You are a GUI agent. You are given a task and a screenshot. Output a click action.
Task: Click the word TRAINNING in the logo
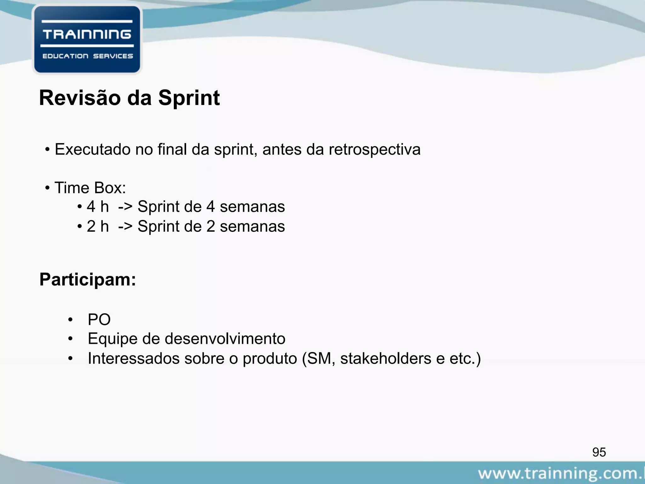click(87, 34)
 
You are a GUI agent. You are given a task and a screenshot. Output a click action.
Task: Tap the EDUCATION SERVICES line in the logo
click(88, 56)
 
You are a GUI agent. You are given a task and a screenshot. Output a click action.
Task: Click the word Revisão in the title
click(80, 98)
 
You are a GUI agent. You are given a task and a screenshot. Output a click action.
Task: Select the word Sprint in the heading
click(189, 98)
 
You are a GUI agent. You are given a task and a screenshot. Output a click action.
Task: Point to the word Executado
click(93, 149)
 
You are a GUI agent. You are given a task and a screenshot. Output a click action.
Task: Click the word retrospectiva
click(374, 149)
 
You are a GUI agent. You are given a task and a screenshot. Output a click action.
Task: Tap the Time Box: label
click(90, 188)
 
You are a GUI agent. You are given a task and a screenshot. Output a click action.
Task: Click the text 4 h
click(98, 207)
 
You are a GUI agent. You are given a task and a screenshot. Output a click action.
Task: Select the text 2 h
click(98, 226)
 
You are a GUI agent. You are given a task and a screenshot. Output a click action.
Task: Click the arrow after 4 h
click(125, 207)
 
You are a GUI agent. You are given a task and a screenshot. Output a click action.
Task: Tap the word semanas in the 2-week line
click(252, 226)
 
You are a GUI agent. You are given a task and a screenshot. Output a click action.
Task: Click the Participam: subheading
click(88, 279)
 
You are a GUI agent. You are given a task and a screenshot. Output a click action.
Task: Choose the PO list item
click(99, 320)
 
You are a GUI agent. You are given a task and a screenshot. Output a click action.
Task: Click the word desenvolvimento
click(225, 339)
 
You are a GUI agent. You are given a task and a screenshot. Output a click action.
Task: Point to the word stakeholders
click(385, 358)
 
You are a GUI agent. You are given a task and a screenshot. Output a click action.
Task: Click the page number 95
click(599, 452)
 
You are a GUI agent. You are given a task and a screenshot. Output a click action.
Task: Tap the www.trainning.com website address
click(561, 474)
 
